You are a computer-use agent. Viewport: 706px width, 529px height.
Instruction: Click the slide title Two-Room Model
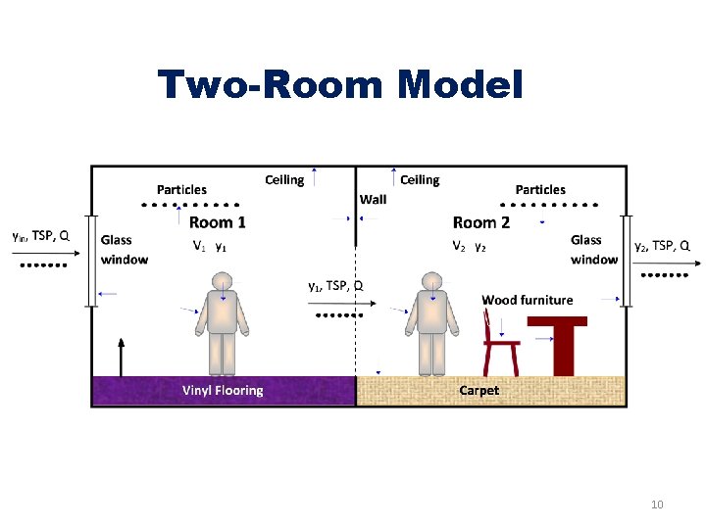[340, 85]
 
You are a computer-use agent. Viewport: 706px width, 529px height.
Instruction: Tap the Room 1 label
[218, 222]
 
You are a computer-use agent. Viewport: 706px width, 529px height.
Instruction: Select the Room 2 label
[480, 222]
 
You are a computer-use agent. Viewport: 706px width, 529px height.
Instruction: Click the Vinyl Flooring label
[223, 390]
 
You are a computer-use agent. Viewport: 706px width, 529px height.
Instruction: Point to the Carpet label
[479, 390]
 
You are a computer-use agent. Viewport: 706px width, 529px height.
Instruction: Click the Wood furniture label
[527, 300]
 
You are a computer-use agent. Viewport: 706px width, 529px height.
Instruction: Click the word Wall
[373, 199]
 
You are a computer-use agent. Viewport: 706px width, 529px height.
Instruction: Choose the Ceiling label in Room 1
[284, 179]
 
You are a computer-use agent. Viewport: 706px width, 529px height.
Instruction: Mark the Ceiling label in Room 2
[420, 179]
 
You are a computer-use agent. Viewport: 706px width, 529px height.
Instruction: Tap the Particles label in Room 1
[181, 189]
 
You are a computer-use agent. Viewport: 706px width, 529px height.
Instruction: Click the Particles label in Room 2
[540, 189]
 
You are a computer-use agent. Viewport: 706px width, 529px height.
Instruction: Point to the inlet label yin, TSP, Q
[40, 235]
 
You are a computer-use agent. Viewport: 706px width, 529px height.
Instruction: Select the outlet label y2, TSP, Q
[662, 245]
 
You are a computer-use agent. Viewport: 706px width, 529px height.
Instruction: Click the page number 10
[657, 505]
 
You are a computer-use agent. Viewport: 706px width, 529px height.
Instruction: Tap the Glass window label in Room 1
[124, 250]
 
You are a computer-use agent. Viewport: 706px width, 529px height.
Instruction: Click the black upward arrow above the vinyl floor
[122, 357]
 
